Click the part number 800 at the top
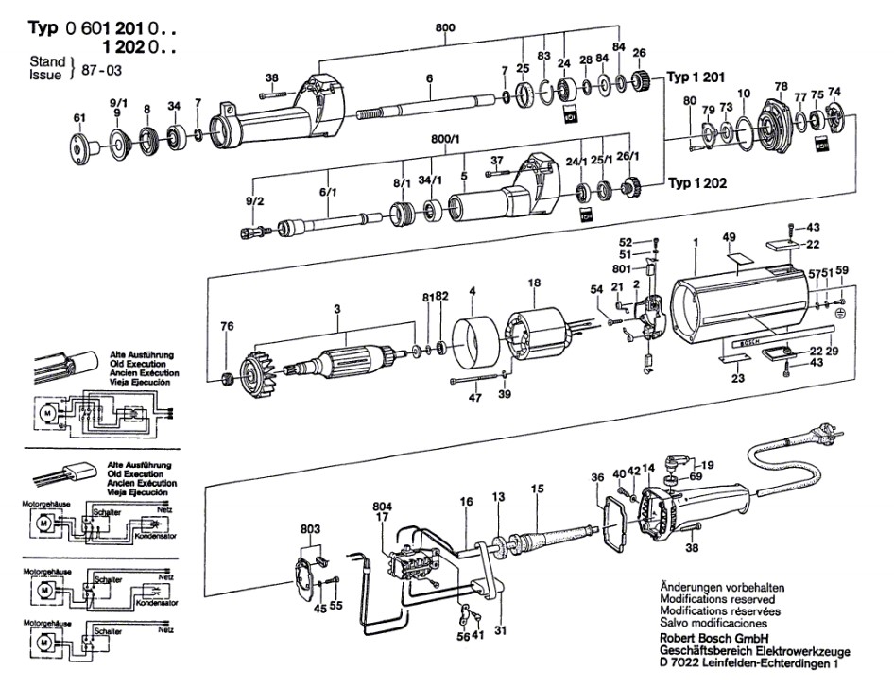tap(444, 26)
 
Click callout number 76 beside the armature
tap(226, 328)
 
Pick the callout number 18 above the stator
tap(534, 283)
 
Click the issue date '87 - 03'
tap(95, 70)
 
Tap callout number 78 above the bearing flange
tap(781, 86)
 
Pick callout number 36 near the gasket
tap(596, 476)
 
